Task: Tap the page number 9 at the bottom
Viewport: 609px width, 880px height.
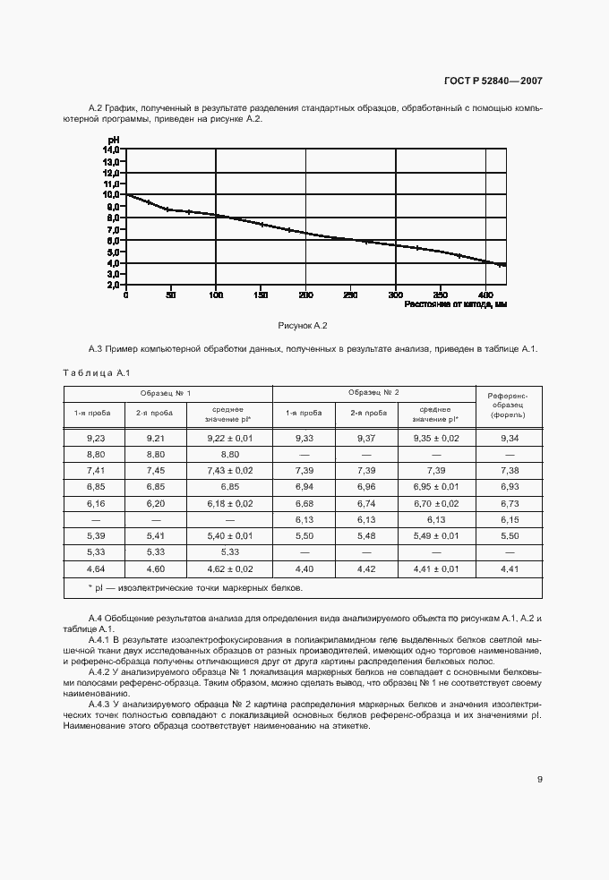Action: (539, 779)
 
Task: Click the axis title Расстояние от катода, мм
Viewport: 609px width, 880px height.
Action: (456, 304)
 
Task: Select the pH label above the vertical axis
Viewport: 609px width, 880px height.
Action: (114, 140)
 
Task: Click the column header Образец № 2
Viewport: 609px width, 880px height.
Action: (373, 393)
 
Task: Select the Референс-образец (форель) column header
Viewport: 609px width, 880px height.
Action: (508, 405)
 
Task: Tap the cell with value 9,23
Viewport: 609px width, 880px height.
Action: (96, 437)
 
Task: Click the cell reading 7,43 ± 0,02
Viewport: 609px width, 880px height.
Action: (229, 470)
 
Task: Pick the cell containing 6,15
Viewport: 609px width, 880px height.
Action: (508, 518)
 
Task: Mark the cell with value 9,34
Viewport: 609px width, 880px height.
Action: (508, 437)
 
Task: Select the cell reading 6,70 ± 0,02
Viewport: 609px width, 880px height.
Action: (435, 502)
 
